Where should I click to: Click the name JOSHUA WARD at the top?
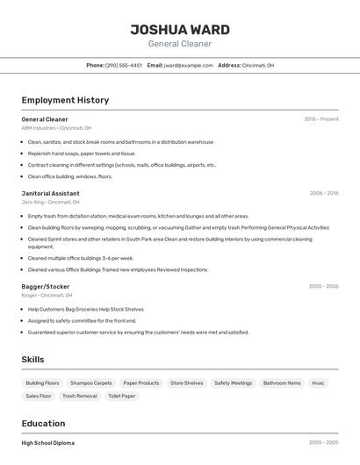point(180,29)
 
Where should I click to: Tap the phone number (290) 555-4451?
point(124,65)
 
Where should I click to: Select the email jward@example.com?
point(188,65)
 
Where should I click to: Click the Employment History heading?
point(65,100)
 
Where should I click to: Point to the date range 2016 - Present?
point(320,118)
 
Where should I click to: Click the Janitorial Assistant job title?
point(50,193)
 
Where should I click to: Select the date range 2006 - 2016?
point(323,193)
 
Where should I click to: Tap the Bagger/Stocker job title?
point(46,286)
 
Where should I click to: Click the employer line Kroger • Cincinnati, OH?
point(47,296)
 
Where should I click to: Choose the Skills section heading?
point(33,360)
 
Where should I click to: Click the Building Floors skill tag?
point(42,383)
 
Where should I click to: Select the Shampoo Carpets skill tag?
point(91,383)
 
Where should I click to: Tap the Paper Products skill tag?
point(141,383)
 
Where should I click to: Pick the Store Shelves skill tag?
point(187,383)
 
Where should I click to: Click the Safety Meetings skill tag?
point(234,383)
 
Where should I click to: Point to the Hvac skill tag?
point(318,383)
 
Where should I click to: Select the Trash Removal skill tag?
point(80,397)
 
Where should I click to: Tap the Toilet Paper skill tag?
point(122,397)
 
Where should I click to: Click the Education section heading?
point(43,423)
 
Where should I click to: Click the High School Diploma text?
point(48,443)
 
